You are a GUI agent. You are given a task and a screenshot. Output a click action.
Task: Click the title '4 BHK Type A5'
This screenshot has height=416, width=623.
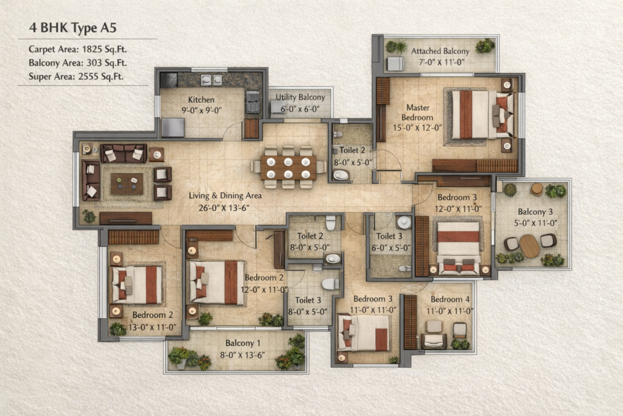coord(73,28)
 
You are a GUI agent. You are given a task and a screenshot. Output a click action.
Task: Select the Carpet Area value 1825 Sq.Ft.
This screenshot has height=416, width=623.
coord(104,49)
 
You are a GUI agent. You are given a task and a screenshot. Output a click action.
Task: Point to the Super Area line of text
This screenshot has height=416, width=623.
coord(76,76)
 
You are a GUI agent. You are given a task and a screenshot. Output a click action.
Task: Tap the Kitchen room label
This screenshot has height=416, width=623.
coord(201,100)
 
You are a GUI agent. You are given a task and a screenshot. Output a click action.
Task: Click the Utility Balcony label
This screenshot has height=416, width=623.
coord(301,97)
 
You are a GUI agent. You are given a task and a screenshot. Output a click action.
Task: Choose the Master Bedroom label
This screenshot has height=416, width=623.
coord(417,113)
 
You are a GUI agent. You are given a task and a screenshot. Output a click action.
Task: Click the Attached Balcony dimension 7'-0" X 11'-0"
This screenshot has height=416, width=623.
coord(442,63)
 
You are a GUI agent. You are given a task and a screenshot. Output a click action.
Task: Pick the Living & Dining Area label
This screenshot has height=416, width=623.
coord(225,196)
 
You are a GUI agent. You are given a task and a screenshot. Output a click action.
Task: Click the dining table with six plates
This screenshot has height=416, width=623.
coord(288,167)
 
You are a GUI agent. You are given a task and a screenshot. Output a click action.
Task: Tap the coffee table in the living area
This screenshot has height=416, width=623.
coord(127,184)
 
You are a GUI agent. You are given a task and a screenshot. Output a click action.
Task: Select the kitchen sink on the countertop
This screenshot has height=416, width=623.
coord(211,80)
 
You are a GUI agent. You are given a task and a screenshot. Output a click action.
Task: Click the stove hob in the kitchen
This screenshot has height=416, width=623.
coord(252,102)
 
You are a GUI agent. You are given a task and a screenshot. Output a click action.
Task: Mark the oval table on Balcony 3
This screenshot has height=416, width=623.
coord(530,246)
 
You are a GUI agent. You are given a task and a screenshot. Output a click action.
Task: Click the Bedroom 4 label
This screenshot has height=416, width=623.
coord(450,299)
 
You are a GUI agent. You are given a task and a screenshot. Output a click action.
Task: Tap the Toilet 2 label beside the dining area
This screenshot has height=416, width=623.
coord(352,150)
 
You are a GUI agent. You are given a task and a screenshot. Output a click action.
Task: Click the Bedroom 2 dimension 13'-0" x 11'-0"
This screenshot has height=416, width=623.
coord(152,327)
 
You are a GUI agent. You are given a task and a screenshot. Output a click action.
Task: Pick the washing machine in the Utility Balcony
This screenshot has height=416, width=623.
coord(277,107)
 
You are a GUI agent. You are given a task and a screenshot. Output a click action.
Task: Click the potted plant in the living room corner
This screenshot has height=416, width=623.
coord(89,216)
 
